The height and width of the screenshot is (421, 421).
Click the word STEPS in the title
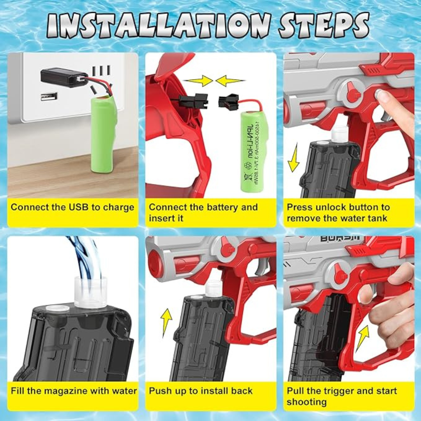coord(323,26)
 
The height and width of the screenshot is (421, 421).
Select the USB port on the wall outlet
coord(49,96)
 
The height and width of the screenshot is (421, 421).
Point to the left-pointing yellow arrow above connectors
coord(230,81)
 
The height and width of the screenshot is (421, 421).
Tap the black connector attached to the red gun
coord(194,101)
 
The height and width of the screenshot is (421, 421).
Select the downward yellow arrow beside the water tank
coord(293,158)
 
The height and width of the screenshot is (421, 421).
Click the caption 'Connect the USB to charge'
coord(73,207)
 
